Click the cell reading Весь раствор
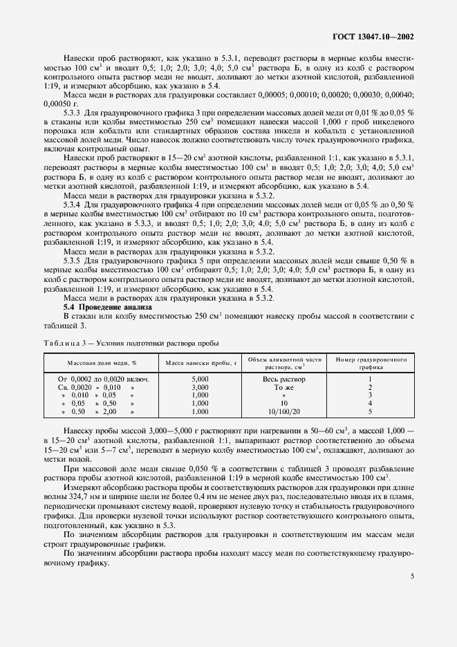[284, 379]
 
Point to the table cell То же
[284, 387]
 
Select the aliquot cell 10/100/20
[284, 411]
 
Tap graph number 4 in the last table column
[370, 403]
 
